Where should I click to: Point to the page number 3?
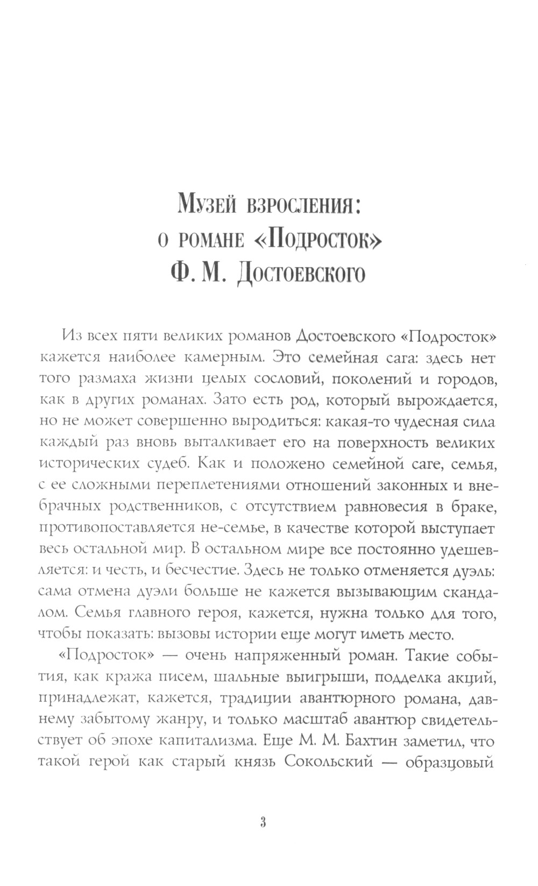click(x=263, y=822)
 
